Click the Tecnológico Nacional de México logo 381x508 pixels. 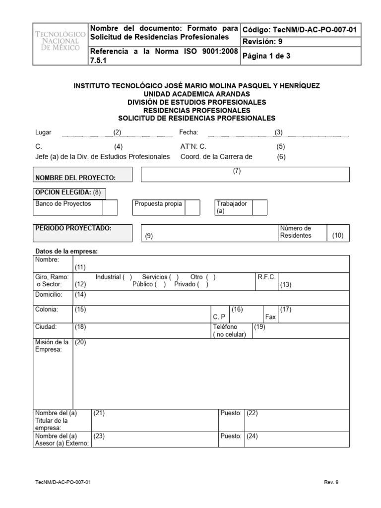coord(60,44)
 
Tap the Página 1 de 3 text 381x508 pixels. coord(266,57)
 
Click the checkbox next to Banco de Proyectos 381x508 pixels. coord(110,207)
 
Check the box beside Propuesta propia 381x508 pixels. coord(192,207)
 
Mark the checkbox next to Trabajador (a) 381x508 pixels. coord(259,207)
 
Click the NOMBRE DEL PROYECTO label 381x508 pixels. coord(75,178)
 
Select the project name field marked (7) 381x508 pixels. coord(246,175)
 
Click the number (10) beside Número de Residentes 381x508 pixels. coord(337,236)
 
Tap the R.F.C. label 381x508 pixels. coord(266,277)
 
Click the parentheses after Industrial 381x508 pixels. coord(128,277)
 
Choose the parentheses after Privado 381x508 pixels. coord(203,284)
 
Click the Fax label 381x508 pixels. coord(270,316)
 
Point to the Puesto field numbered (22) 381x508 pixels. coord(298,413)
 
